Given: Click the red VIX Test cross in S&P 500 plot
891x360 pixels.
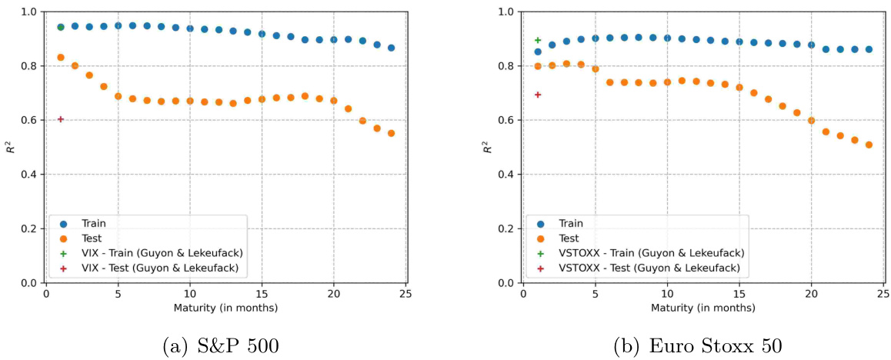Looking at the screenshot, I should pyautogui.click(x=61, y=119).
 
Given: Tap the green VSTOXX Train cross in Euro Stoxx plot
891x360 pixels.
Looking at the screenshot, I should pyautogui.click(x=538, y=40).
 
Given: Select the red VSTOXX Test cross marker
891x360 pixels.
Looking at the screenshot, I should pyautogui.click(x=538, y=95).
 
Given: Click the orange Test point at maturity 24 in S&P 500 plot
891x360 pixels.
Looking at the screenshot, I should pyautogui.click(x=391, y=133).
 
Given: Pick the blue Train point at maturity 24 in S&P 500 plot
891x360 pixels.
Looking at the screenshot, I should pyautogui.click(x=391, y=48).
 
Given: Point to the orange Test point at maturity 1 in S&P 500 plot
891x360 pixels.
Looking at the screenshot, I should pyautogui.click(x=61, y=58).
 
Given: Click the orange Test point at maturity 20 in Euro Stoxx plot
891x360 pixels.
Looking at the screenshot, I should pyautogui.click(x=811, y=121).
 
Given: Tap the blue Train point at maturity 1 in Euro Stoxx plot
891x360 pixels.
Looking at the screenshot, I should pyautogui.click(x=538, y=52).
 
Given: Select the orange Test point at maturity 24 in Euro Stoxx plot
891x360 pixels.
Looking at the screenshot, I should pyautogui.click(x=869, y=145).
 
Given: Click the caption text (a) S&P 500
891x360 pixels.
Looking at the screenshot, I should pyautogui.click(x=222, y=345).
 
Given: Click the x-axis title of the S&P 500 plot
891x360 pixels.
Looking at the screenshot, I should pyautogui.click(x=226, y=308).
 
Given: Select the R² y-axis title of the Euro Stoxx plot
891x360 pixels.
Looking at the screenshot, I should pyautogui.click(x=489, y=146).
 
